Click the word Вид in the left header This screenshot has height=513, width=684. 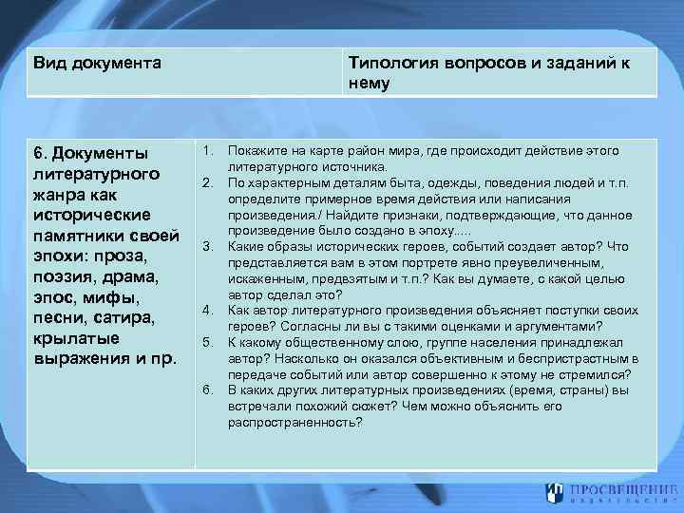(x=48, y=64)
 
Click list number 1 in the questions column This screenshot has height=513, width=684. (x=207, y=151)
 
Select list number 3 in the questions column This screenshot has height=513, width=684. (x=207, y=247)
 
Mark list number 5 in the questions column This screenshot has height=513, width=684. (x=207, y=341)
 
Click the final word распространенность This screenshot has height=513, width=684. (x=294, y=422)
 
